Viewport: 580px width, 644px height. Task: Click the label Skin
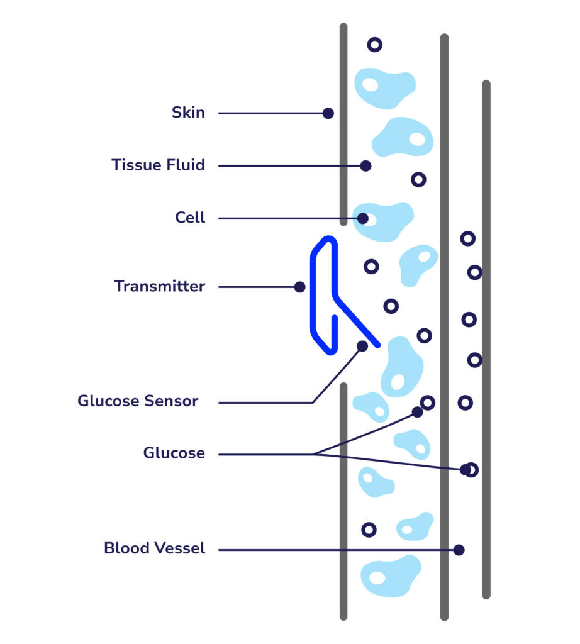tap(188, 113)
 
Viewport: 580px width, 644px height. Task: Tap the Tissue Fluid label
tap(158, 165)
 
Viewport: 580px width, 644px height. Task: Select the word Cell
tap(190, 218)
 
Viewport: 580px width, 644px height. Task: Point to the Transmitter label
tap(159, 287)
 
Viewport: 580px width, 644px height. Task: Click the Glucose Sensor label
tap(138, 401)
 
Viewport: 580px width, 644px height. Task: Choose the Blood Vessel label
tap(154, 548)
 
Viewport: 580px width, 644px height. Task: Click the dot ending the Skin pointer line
tap(328, 113)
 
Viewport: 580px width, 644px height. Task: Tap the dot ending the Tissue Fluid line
tap(365, 166)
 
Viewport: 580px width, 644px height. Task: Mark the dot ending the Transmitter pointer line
tap(299, 287)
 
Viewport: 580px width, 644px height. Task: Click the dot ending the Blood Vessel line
tap(459, 550)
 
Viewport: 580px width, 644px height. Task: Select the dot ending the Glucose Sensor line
tap(362, 346)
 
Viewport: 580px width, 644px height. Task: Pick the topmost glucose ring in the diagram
tap(374, 45)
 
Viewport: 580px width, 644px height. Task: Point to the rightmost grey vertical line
tap(486, 340)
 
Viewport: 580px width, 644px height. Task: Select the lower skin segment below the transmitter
tap(343, 503)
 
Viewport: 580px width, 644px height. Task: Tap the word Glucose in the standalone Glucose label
tap(174, 453)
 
